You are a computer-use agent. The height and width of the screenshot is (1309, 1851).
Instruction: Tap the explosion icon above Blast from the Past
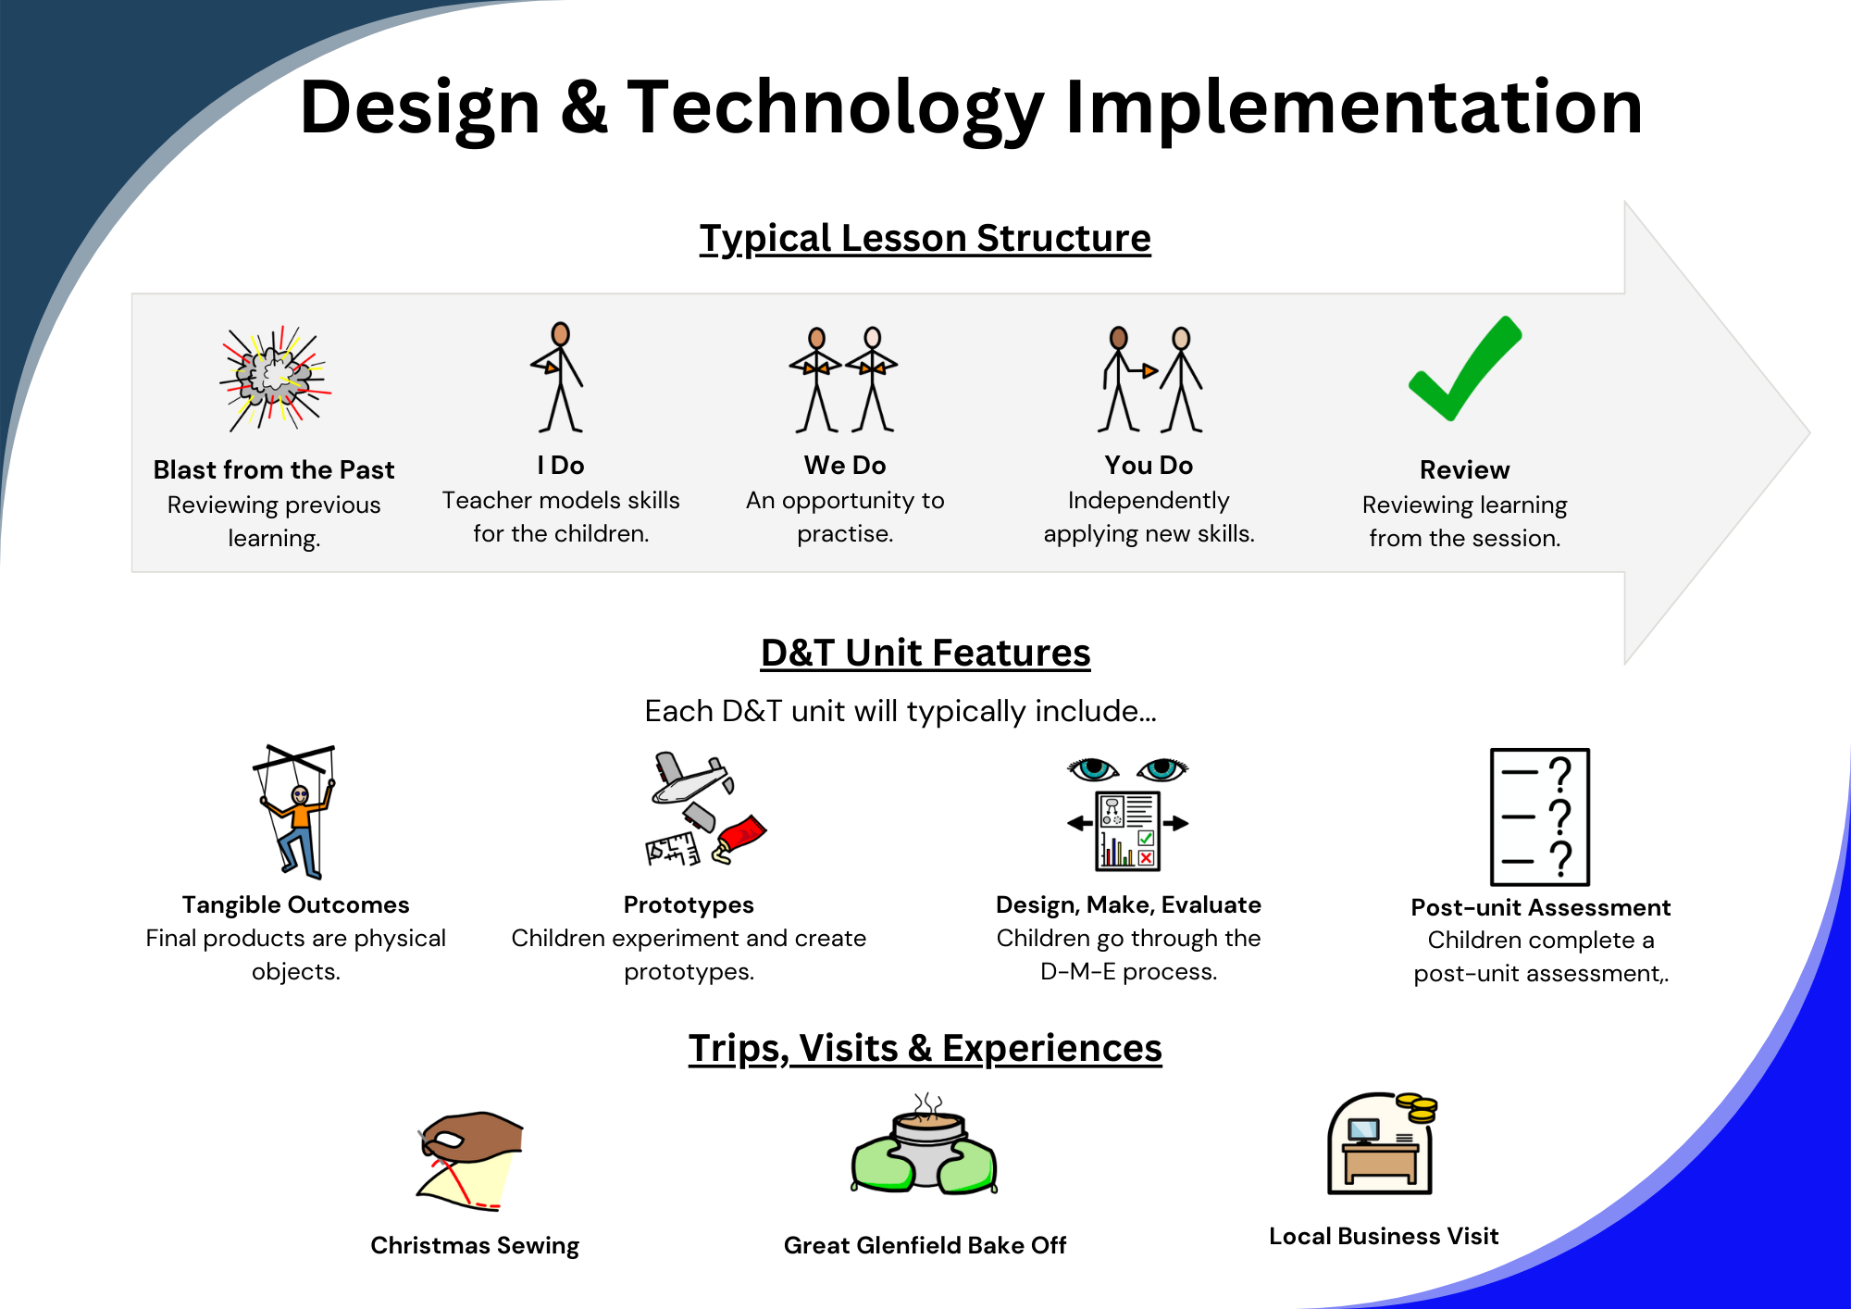pos(275,378)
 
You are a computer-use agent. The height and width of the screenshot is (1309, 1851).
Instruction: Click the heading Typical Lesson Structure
pos(925,238)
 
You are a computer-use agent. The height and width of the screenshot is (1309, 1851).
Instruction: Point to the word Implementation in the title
pos(1354,107)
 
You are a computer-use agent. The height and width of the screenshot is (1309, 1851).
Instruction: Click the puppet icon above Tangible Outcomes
pos(295,811)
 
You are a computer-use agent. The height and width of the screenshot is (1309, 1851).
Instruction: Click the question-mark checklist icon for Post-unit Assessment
pos(1540,817)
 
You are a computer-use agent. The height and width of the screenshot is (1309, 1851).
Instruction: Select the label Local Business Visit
pos(1384,1236)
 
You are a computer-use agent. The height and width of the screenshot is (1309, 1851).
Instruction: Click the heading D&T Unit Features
pos(925,653)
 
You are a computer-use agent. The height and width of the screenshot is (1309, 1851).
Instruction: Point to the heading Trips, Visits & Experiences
pos(925,1048)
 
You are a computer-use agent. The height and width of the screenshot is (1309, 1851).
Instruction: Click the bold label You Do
pos(1149,465)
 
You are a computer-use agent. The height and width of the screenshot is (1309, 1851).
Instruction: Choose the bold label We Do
pos(845,465)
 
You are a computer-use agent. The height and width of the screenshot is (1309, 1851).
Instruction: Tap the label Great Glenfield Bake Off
pos(925,1245)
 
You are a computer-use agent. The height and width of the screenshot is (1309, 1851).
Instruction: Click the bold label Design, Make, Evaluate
pos(1128,904)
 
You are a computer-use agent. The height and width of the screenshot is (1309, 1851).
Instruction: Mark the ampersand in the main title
pos(585,107)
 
